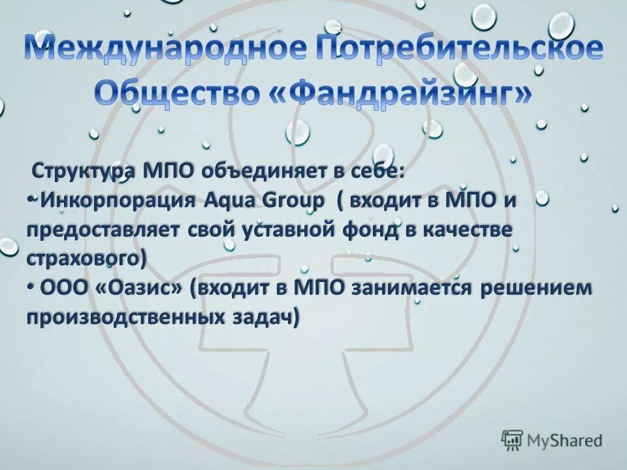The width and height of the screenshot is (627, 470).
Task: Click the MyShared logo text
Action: point(565,441)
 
